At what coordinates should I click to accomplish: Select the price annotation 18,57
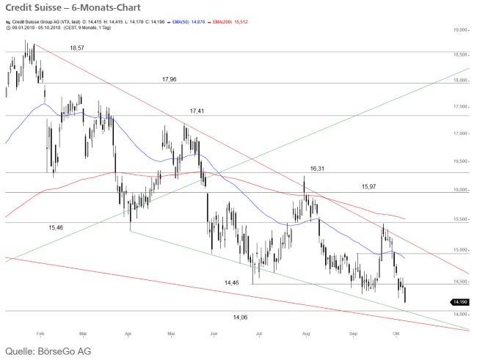point(77,47)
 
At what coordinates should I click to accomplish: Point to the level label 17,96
point(170,78)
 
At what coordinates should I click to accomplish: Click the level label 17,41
point(197,111)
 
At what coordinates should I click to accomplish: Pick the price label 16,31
point(317,168)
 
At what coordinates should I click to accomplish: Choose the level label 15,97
point(369,186)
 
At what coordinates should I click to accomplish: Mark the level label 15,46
point(56,228)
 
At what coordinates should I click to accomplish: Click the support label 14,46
point(232,282)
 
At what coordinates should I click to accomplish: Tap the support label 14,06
point(240,317)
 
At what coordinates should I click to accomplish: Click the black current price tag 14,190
point(459,302)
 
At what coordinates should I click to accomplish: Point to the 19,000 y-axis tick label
point(460,30)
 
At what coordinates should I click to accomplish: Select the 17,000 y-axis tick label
point(460,133)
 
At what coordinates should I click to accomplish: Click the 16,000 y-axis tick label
point(460,190)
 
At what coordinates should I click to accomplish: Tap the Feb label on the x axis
point(40,333)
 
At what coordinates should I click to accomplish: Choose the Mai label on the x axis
point(172,333)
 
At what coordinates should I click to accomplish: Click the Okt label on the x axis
point(397,333)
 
